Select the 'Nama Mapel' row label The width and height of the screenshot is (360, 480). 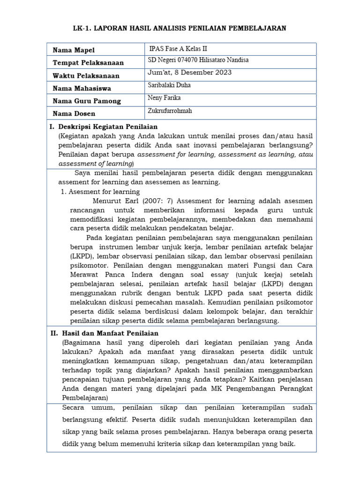click(x=74, y=50)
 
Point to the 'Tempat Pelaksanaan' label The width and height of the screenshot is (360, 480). click(x=88, y=63)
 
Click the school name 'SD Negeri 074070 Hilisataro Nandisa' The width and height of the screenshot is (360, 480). click(x=198, y=60)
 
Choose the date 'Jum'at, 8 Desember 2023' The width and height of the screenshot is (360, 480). click(x=189, y=72)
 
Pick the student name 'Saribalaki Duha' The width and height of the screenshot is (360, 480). click(x=169, y=85)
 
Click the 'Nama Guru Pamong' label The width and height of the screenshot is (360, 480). click(x=87, y=101)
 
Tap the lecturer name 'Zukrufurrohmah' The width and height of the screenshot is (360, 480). click(x=170, y=111)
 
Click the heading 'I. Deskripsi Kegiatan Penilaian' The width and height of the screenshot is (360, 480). click(x=104, y=127)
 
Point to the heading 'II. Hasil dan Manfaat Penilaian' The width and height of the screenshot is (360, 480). click(x=104, y=333)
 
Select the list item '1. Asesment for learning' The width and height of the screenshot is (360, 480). click(x=100, y=191)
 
